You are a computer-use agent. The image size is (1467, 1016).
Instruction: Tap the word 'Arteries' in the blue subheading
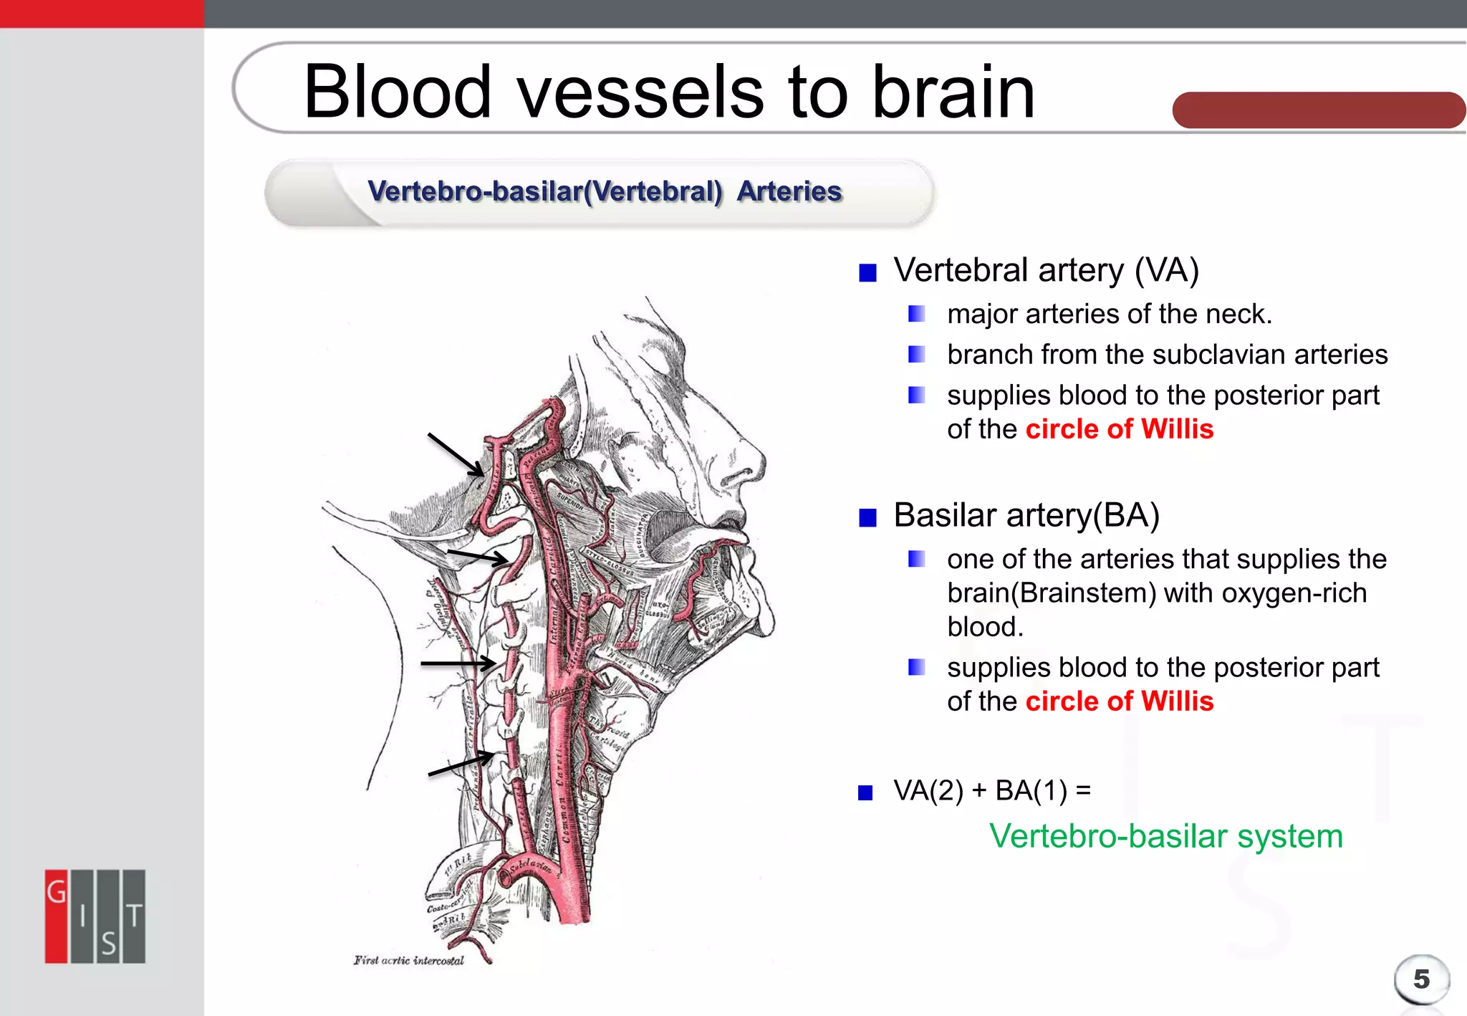coord(789,191)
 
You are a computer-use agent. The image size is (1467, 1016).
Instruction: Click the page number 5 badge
coord(1421,979)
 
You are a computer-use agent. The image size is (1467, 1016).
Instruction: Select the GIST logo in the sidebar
coord(95,916)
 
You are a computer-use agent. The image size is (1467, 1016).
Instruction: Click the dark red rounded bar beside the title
coord(1318,110)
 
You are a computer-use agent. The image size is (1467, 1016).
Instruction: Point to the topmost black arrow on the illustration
coord(456,454)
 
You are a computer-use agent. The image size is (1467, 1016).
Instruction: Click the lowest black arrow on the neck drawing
coord(460,764)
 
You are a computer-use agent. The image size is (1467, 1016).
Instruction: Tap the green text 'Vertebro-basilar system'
coord(1165,836)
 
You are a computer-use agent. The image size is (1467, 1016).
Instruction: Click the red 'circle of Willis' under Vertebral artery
coord(1119,429)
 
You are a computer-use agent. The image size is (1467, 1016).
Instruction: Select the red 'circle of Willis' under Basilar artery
coord(1119,701)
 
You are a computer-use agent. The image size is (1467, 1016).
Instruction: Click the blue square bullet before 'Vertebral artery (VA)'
coord(867,273)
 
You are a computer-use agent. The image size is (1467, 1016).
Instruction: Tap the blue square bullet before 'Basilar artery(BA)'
coord(867,517)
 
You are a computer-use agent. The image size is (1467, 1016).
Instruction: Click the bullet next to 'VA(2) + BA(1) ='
coord(865,792)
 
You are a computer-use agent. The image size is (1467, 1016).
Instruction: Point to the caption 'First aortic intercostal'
coord(408,960)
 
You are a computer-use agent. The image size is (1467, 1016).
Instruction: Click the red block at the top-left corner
coord(102,14)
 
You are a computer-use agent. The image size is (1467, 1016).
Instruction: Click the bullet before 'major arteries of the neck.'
coord(916,314)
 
